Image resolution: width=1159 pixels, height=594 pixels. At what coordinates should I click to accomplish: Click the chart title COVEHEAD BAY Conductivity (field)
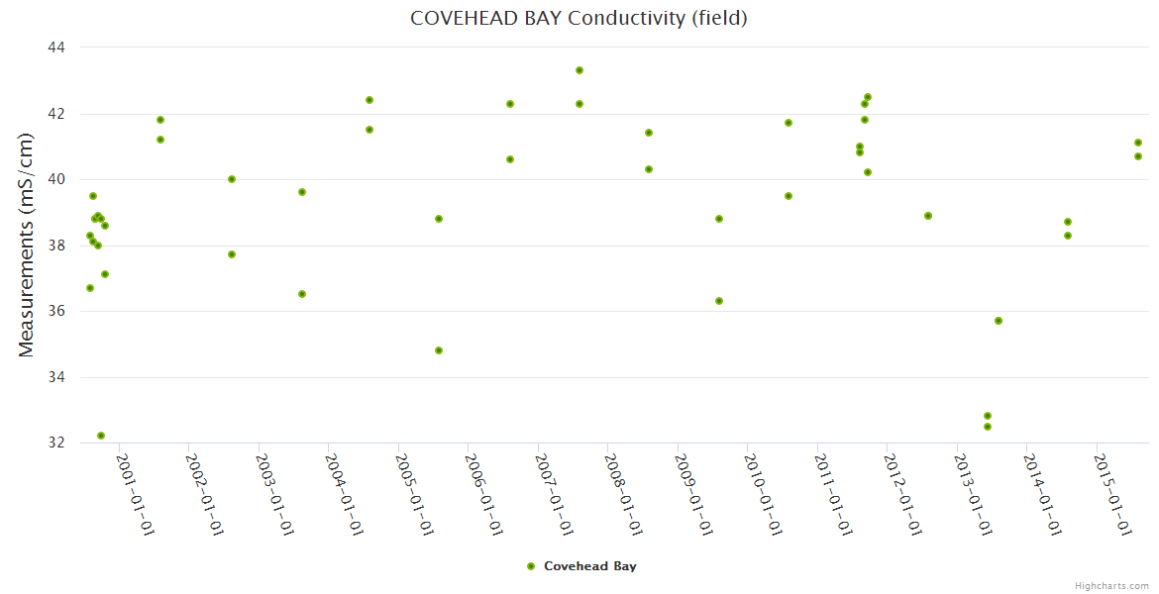(579, 18)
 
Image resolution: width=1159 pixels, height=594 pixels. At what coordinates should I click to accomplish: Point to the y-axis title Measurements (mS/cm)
(26, 245)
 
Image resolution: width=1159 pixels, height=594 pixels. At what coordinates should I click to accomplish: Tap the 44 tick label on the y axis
(55, 48)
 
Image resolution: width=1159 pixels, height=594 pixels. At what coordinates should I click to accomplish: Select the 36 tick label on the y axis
(55, 311)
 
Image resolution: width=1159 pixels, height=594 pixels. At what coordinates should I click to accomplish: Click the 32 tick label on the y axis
(55, 443)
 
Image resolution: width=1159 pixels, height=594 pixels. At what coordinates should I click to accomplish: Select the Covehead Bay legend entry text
(590, 566)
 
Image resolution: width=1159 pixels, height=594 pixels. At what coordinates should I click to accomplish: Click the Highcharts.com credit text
(1111, 586)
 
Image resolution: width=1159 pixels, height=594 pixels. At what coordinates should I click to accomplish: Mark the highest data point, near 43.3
(579, 70)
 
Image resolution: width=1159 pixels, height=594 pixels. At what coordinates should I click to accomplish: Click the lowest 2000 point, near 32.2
(101, 436)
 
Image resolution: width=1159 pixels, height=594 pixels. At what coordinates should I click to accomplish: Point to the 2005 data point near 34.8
(439, 350)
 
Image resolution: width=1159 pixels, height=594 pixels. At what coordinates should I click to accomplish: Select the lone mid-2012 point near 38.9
(928, 216)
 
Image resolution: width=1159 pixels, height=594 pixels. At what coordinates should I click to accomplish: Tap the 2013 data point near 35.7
(999, 321)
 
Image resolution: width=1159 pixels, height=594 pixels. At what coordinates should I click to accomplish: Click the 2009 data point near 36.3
(719, 301)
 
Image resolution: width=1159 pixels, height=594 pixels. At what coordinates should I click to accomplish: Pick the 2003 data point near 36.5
(302, 294)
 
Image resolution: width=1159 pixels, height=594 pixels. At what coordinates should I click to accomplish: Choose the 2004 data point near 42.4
(369, 100)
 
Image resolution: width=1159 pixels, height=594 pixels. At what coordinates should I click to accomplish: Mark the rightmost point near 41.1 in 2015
(1138, 143)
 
